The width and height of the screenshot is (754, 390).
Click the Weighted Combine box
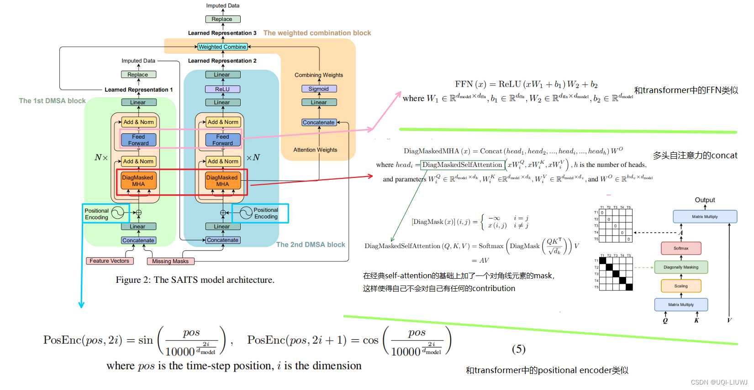pos(222,47)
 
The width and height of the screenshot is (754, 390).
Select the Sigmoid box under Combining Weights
pos(319,89)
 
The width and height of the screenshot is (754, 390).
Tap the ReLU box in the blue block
pos(222,89)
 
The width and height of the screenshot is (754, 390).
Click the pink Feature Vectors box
pos(110,261)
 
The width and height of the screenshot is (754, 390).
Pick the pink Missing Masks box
pos(170,261)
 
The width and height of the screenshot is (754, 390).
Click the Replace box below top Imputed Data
pos(222,19)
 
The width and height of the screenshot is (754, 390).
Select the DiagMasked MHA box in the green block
pos(138,181)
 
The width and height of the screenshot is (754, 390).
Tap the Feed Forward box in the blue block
pos(222,140)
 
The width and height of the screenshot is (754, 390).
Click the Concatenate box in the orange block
pos(319,122)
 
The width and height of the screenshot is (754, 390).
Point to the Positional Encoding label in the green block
pos(97,214)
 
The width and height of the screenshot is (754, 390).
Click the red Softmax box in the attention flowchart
pos(681,248)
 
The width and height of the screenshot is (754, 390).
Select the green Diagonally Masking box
pos(681,267)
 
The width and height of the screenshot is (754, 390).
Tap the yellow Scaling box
pos(681,286)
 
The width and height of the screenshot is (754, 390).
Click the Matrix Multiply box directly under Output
pos(705,217)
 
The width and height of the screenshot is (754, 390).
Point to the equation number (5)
pos(518,349)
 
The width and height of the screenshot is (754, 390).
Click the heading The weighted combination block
pos(317,33)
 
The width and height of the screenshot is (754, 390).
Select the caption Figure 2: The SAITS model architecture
pos(195,280)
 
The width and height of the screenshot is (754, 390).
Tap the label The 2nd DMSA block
pos(311,244)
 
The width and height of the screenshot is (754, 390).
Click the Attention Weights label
pos(315,150)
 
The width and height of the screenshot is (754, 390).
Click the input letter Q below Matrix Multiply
pos(665,321)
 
